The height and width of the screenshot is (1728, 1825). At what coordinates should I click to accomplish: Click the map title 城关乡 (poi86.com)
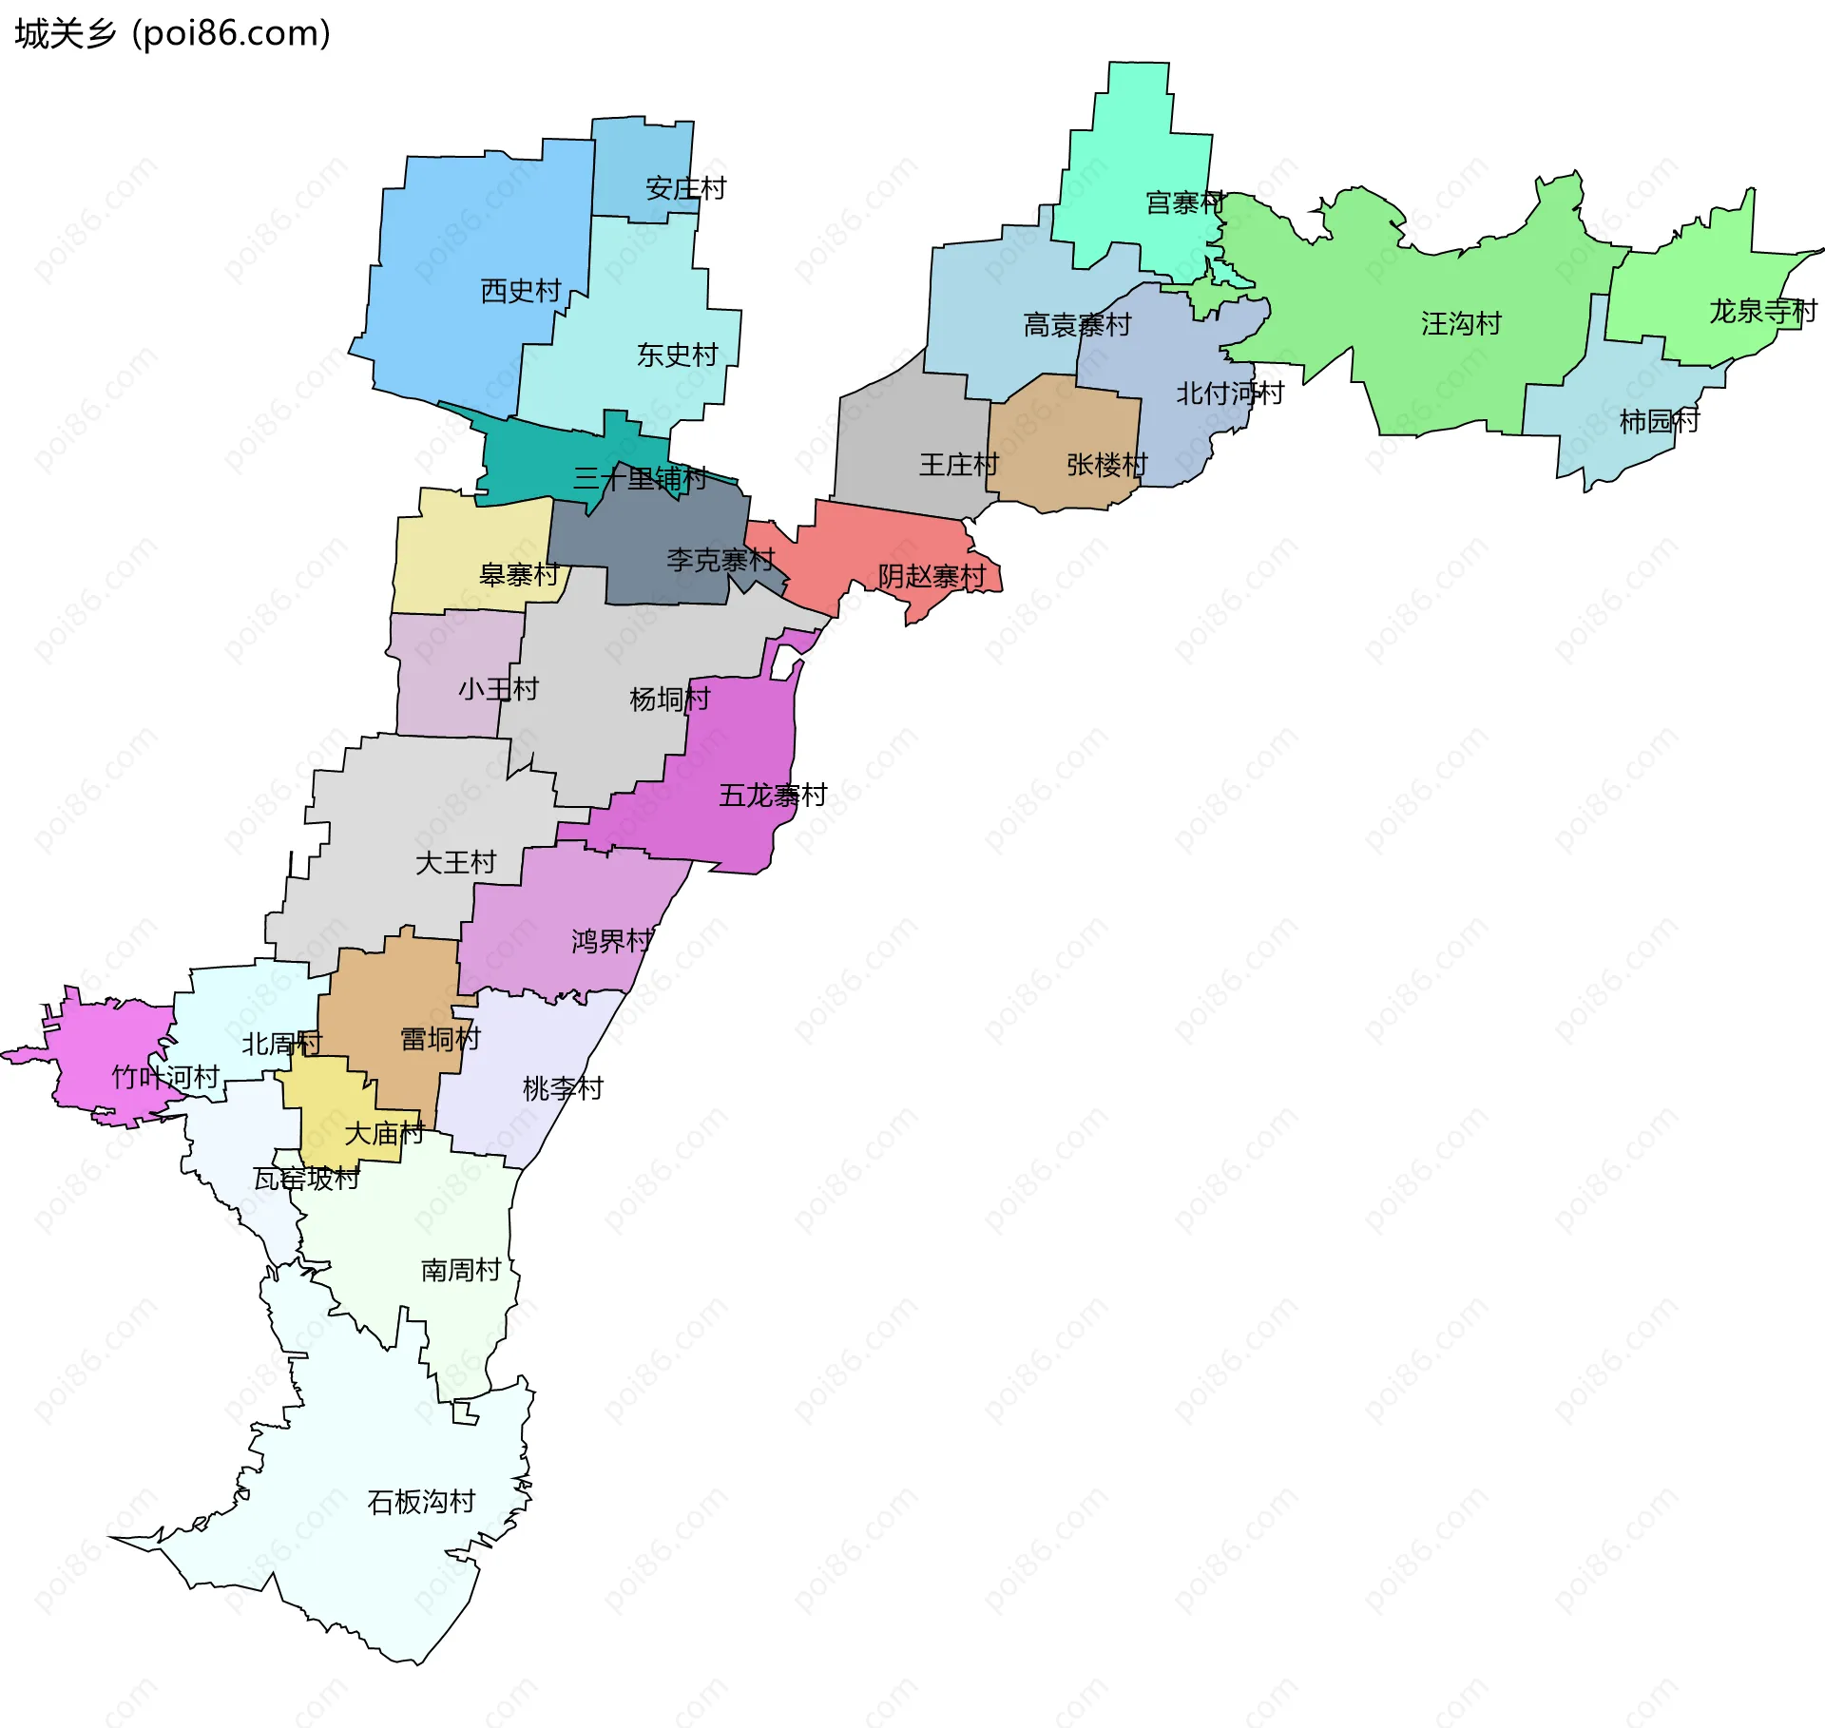172,33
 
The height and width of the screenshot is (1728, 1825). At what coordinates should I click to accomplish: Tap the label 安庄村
685,188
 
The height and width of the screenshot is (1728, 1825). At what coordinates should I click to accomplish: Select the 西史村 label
521,290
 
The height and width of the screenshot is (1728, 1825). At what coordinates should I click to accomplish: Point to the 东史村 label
677,355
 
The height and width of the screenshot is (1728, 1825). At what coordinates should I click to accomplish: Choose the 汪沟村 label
1461,323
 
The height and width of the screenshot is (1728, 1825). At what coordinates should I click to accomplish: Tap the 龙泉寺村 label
1763,311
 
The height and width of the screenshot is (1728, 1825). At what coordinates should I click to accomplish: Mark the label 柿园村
1660,420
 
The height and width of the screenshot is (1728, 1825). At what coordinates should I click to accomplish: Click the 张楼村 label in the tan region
1106,464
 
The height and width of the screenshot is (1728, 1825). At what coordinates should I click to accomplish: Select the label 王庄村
958,464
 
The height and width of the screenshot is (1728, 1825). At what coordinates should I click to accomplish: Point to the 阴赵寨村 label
932,576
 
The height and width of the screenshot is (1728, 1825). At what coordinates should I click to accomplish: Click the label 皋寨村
519,574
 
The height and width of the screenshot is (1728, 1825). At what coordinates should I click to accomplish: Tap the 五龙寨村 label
773,795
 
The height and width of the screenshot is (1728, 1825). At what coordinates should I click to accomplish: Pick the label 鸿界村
612,941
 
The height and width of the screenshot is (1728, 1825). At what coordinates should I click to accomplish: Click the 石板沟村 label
421,1501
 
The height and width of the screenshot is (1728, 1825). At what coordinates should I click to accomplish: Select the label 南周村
461,1270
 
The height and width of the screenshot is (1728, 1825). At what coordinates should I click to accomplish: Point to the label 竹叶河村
165,1076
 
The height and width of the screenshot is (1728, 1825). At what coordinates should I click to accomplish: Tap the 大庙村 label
384,1133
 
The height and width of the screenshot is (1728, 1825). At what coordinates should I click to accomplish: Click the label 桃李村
563,1087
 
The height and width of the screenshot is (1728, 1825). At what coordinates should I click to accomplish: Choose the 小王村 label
498,688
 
